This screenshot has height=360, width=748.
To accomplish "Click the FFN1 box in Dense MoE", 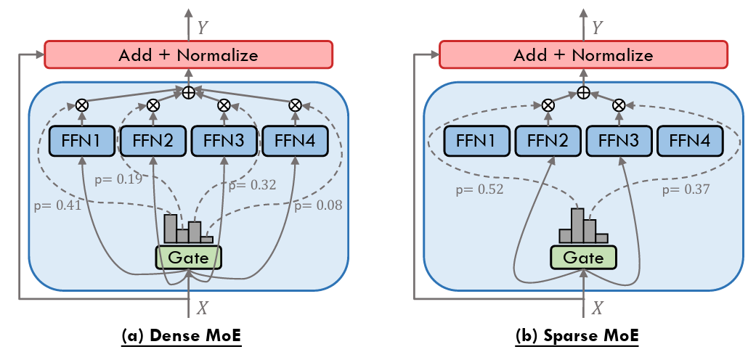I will pyautogui.click(x=81, y=140).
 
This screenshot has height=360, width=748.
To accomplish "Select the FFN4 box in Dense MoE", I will pyautogui.click(x=295, y=140).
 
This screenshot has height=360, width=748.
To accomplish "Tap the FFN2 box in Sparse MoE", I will pyautogui.click(x=548, y=140).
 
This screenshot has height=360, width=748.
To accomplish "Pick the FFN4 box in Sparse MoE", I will pyautogui.click(x=690, y=140).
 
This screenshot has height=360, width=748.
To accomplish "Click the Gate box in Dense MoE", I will pyautogui.click(x=188, y=257).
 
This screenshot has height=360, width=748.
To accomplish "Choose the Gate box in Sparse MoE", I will pyautogui.click(x=583, y=258).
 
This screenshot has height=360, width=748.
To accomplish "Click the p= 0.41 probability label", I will pyautogui.click(x=57, y=205).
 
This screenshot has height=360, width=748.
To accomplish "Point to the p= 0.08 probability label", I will pyautogui.click(x=318, y=205).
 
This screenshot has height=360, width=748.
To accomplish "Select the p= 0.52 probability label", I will pyautogui.click(x=480, y=190).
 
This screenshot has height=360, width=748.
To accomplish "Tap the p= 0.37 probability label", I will pyautogui.click(x=686, y=190).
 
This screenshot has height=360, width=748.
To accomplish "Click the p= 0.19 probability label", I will pyautogui.click(x=119, y=176).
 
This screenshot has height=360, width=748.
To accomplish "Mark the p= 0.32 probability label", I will pyautogui.click(x=252, y=185).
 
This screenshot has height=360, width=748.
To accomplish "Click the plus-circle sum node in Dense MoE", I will pyautogui.click(x=188, y=93).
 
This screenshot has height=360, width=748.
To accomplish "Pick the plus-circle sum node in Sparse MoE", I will pyautogui.click(x=583, y=93).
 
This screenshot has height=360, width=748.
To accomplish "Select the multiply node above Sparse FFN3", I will pyautogui.click(x=619, y=105).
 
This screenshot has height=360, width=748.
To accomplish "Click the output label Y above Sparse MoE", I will pyautogui.click(x=598, y=28).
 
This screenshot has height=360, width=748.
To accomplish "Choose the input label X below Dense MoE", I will pyautogui.click(x=203, y=308).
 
